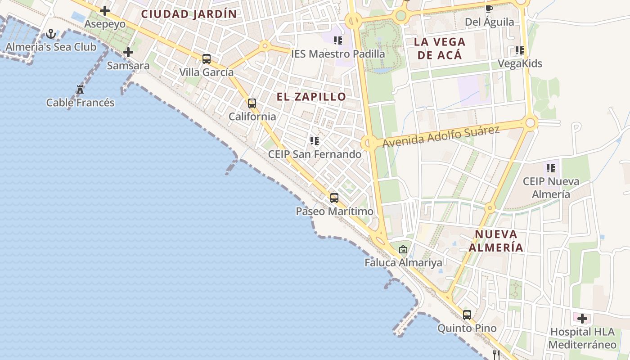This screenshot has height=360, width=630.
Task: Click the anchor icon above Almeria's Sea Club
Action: click(x=51, y=34)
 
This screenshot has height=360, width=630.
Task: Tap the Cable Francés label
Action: click(x=81, y=103)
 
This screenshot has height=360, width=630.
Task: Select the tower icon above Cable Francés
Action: click(x=80, y=90)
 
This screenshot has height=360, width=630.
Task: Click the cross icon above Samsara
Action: click(x=128, y=52)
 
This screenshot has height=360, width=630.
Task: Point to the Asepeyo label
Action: click(x=105, y=24)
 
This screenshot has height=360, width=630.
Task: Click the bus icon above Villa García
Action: click(x=207, y=58)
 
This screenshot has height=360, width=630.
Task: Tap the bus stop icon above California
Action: click(x=252, y=103)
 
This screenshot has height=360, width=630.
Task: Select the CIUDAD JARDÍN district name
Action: click(x=189, y=14)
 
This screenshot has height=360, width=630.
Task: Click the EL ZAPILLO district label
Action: click(x=311, y=97)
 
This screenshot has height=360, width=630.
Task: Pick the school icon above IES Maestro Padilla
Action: click(x=338, y=41)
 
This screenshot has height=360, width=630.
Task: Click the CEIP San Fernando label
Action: click(x=315, y=154)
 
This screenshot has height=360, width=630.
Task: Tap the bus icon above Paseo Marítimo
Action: click(x=334, y=198)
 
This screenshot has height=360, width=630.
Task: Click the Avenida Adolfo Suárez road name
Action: click(x=441, y=137)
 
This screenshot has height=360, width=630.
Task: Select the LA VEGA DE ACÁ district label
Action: click(x=439, y=49)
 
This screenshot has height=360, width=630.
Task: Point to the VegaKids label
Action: click(x=520, y=63)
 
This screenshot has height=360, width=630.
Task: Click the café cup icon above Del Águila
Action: click(x=489, y=9)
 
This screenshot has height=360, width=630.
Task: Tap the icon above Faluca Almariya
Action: click(x=403, y=249)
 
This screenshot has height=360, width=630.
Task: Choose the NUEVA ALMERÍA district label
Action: click(x=496, y=241)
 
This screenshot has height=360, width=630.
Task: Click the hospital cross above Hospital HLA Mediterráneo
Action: click(x=582, y=319)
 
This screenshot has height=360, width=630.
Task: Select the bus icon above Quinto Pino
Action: click(x=467, y=315)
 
